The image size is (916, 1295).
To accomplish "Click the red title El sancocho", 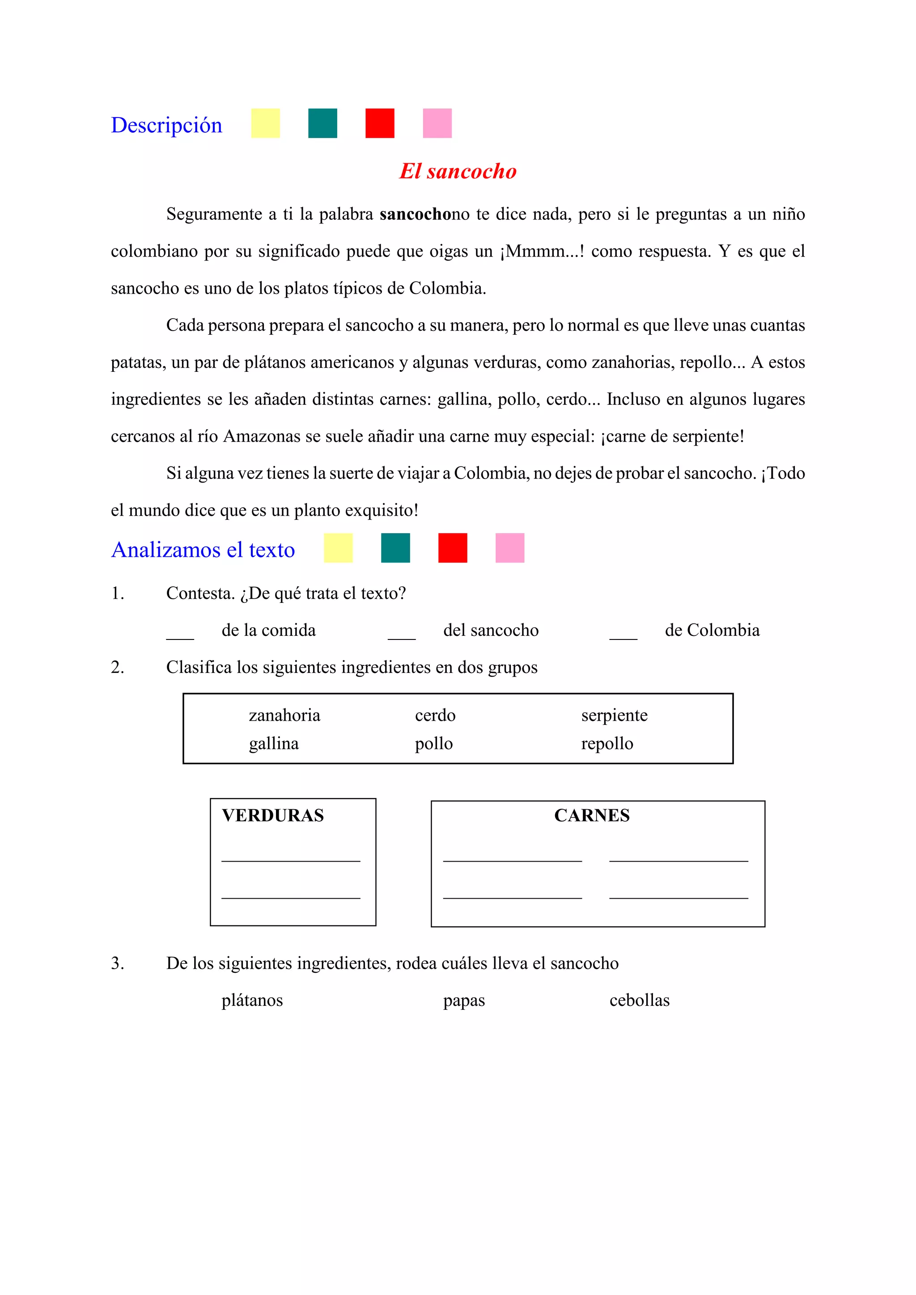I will point(458,171).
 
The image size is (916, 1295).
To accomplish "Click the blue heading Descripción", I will point(166,125).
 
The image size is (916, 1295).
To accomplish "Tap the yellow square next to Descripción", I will point(265,123).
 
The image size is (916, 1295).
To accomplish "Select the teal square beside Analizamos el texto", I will point(395,548).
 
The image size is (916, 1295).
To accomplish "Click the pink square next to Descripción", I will point(437,123).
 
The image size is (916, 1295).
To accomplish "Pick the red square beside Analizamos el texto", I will point(453,548).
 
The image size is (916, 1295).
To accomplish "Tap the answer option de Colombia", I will point(712,630).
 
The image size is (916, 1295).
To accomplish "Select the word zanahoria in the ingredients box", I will point(284,715).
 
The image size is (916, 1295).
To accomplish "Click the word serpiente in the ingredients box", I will point(614,715).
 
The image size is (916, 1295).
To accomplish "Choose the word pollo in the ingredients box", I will point(433,744).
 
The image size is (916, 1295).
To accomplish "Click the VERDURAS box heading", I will point(272,815).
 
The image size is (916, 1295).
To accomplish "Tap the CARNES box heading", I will point(591,815).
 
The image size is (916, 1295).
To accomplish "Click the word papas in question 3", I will point(464,1001).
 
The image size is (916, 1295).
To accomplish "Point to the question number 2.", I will point(117,667).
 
